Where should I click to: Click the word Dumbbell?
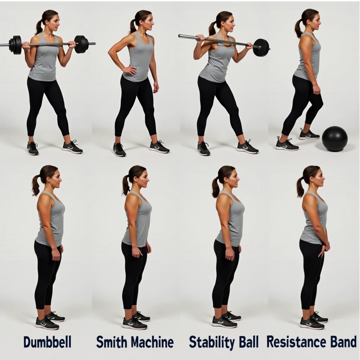pyautogui.click(x=47, y=342)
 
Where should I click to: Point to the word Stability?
pyautogui.click(x=211, y=342)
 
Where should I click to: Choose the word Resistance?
pyautogui.click(x=296, y=342)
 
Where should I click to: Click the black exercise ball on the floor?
pyautogui.click(x=335, y=139)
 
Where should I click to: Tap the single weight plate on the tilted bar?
pyautogui.click(x=261, y=47)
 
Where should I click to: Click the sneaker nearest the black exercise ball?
pyautogui.click(x=309, y=134)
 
